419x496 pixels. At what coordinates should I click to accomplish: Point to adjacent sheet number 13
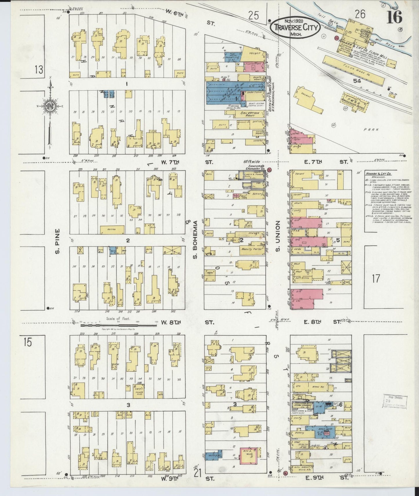tap(39, 70)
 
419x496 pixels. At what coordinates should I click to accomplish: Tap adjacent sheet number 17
tap(376, 279)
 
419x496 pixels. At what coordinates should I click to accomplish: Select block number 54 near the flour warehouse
tap(357, 81)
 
